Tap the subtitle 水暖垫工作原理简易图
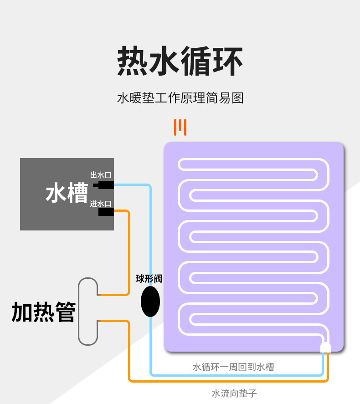(x=180, y=98)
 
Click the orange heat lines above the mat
(x=180, y=127)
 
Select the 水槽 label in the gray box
(x=67, y=194)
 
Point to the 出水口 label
(x=101, y=175)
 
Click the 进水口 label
(x=101, y=203)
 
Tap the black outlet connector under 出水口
(x=104, y=184)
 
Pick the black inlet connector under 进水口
(x=106, y=212)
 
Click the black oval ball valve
(x=150, y=301)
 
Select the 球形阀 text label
(x=149, y=279)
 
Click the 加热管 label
(x=43, y=312)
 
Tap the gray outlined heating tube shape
(x=87, y=311)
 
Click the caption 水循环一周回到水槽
(x=233, y=367)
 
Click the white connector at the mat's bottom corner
(x=325, y=348)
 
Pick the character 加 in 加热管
(x=22, y=312)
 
